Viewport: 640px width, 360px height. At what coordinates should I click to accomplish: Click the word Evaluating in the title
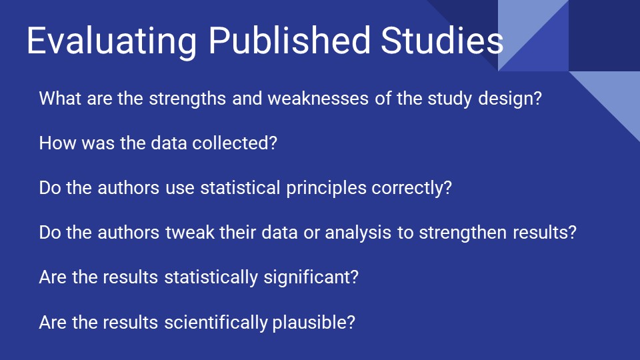click(x=112, y=41)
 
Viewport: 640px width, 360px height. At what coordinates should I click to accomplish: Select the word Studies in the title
click(x=442, y=41)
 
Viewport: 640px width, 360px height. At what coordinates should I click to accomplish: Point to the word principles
click(x=326, y=188)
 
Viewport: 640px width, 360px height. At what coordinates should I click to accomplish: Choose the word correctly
click(x=411, y=188)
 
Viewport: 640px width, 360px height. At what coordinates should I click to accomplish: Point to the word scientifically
click(x=216, y=323)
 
